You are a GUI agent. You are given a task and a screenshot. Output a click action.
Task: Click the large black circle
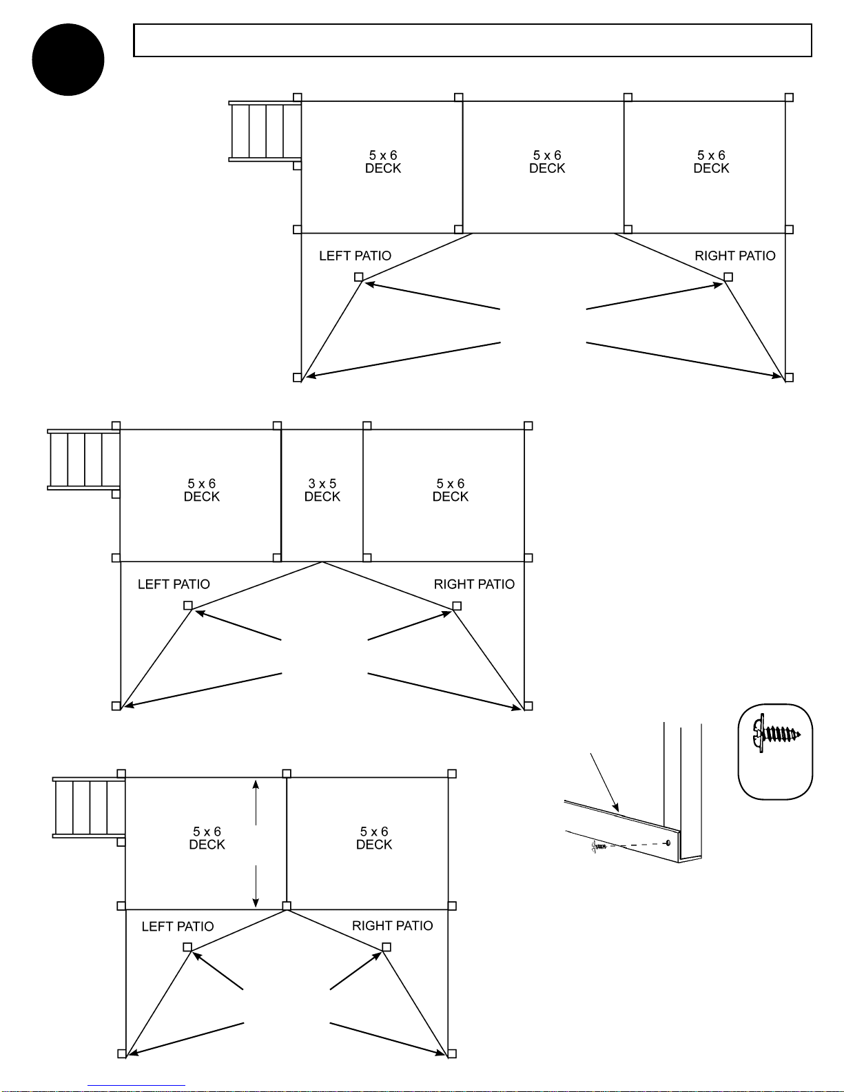coord(68,59)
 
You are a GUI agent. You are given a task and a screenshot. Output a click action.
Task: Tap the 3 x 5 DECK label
coord(322,490)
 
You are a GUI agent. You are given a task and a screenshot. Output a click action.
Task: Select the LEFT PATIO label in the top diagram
coord(356,256)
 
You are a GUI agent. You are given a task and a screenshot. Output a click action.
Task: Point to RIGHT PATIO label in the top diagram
coord(735,256)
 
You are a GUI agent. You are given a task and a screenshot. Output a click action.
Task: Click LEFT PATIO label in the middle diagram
coord(174,584)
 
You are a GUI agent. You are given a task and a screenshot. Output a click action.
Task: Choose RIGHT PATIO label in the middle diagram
coord(474,584)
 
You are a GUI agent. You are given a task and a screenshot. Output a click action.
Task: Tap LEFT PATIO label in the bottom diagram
coord(178,926)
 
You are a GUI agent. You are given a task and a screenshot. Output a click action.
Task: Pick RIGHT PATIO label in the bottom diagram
coord(392,926)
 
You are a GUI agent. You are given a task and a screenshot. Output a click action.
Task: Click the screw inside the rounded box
coord(776,734)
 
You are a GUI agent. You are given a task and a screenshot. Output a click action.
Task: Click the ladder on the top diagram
coord(265,132)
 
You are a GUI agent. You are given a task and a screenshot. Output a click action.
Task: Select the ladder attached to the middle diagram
coord(84,460)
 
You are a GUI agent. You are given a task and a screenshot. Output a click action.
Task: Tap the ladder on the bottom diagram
coord(89,808)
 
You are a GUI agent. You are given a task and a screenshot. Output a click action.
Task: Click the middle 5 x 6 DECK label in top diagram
coord(547,162)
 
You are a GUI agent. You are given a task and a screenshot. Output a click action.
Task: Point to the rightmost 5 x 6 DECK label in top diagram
coord(711,162)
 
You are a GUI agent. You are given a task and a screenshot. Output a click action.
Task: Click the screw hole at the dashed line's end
coord(668,843)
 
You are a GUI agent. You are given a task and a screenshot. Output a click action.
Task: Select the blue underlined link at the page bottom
coord(136,1086)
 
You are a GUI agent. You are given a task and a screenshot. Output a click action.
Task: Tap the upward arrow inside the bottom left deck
coord(256,803)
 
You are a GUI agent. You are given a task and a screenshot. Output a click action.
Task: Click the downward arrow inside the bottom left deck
coord(256,887)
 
